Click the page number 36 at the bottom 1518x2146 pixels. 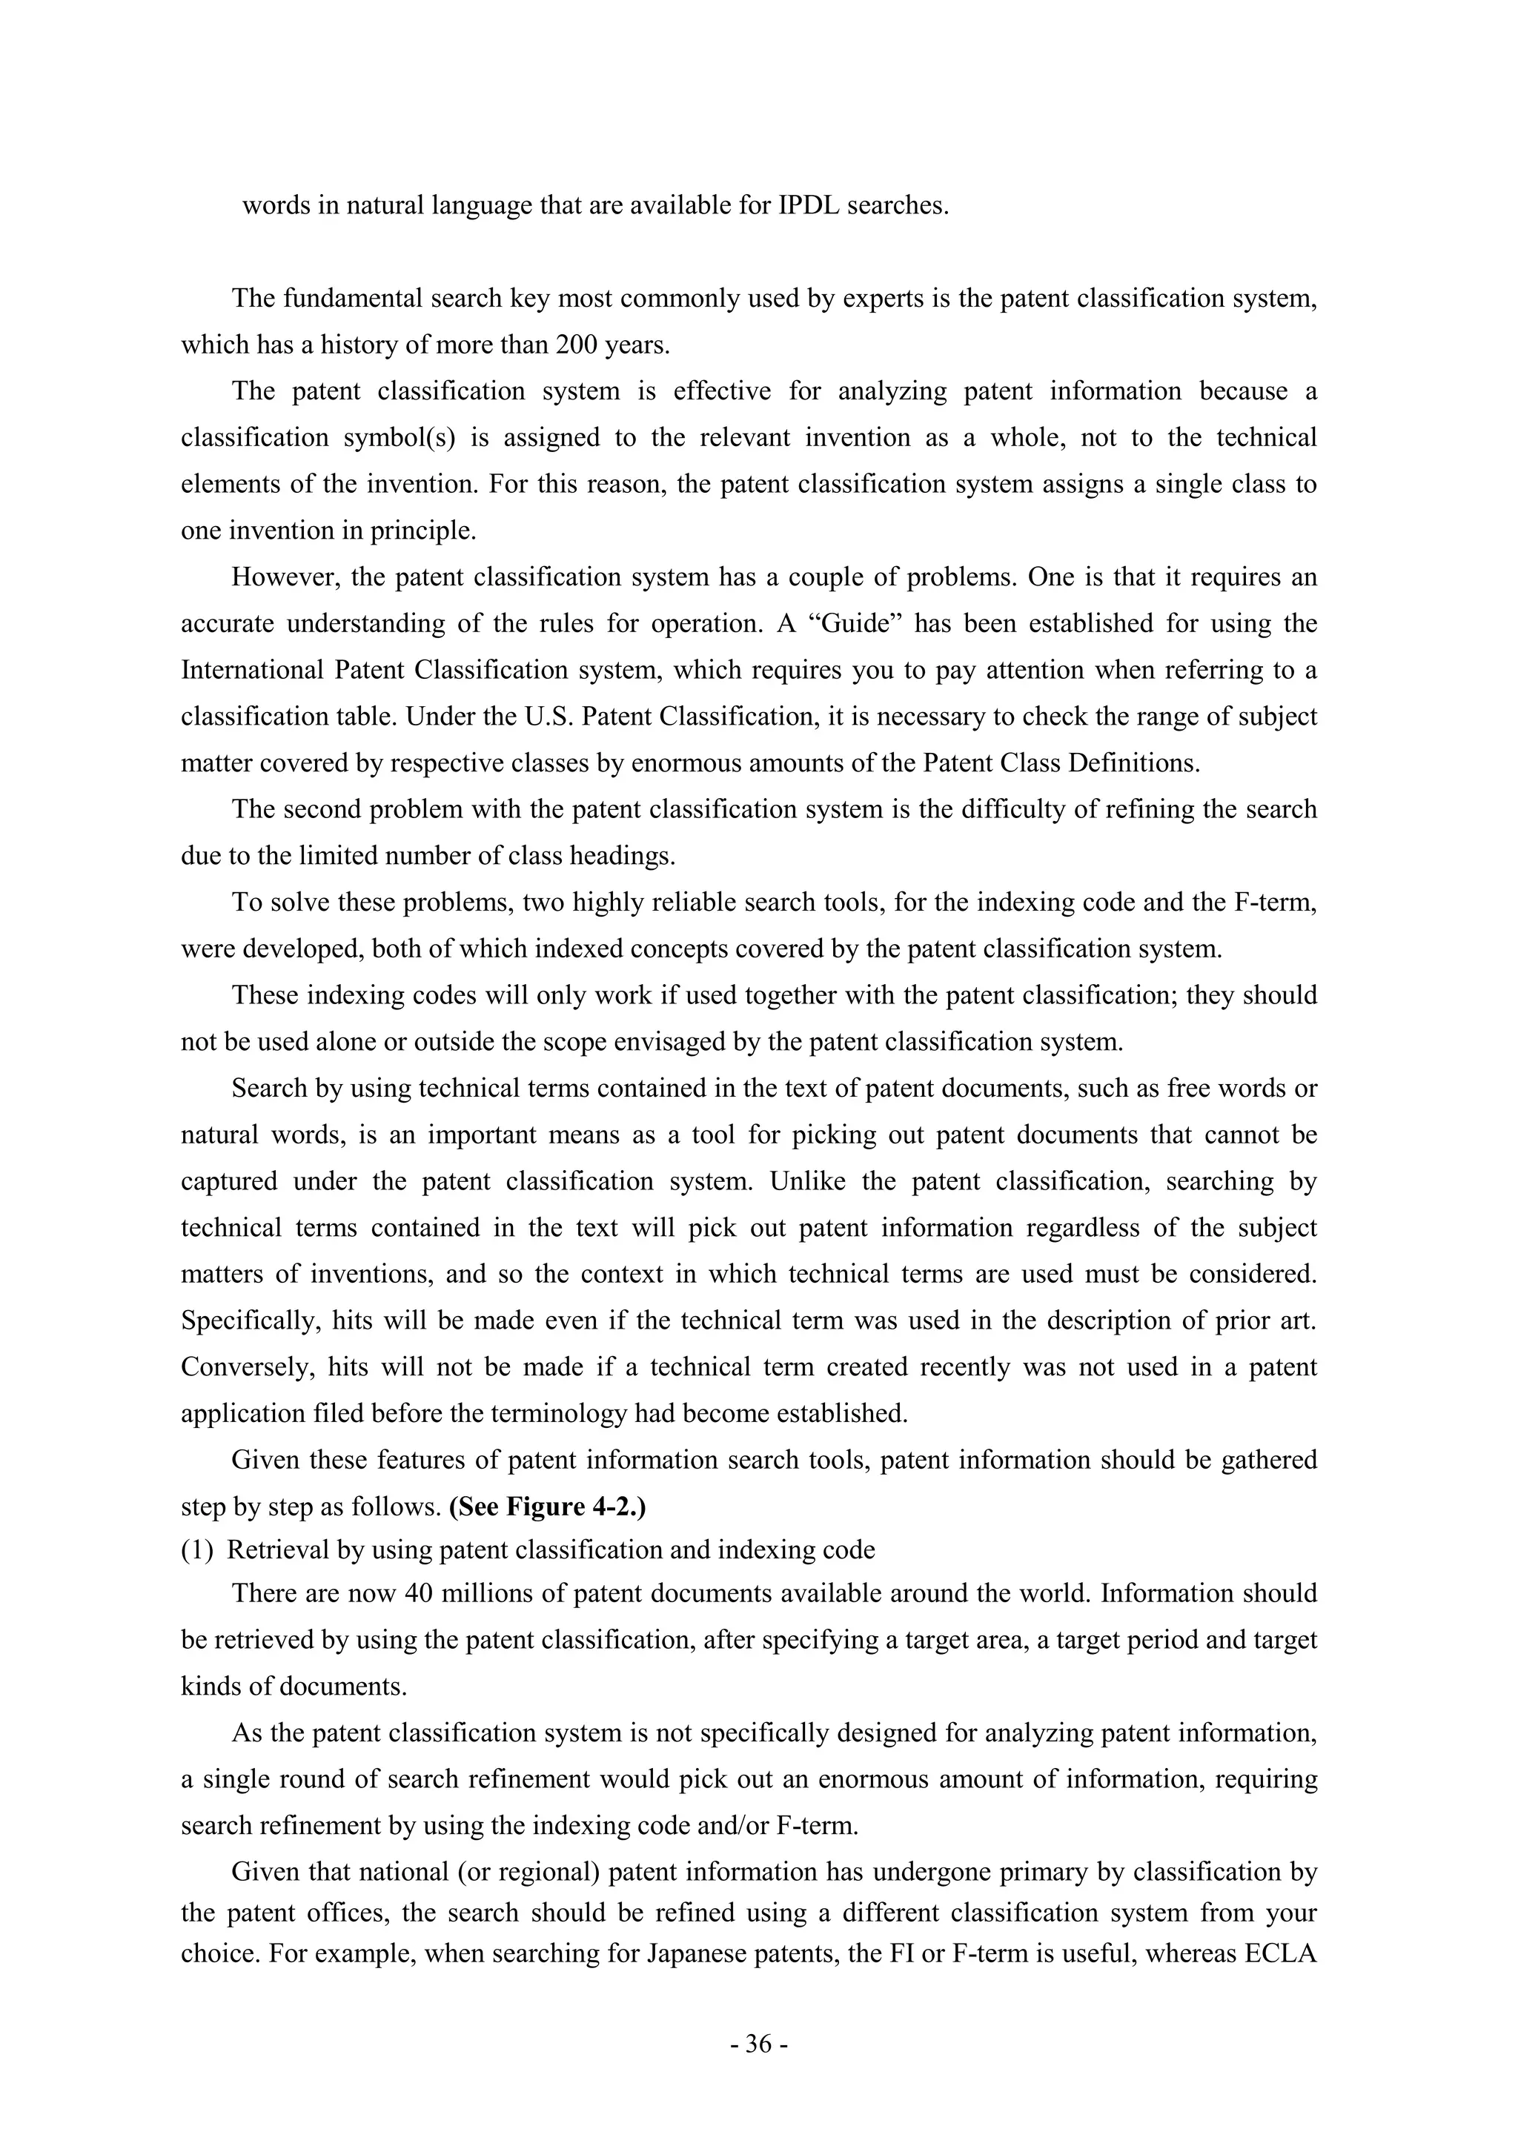759,2044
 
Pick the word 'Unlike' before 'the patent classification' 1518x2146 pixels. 806,1181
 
